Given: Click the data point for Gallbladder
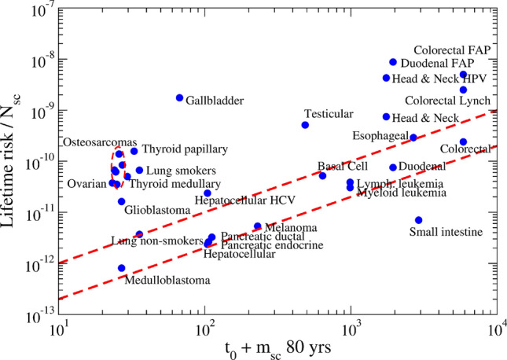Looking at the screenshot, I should coord(179,97).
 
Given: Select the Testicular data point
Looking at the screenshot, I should coord(305,125).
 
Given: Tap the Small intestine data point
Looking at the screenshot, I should coord(419,220).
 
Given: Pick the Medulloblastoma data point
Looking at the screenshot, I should coord(122,268).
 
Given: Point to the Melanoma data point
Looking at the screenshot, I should coord(258,226).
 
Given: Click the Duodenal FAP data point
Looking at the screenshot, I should coord(393,62).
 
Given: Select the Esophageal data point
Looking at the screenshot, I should coord(413,138).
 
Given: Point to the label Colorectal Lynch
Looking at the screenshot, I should coord(454,101).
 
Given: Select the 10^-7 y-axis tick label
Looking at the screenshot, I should coord(38,9).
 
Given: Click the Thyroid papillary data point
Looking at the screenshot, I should coord(134,151).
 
